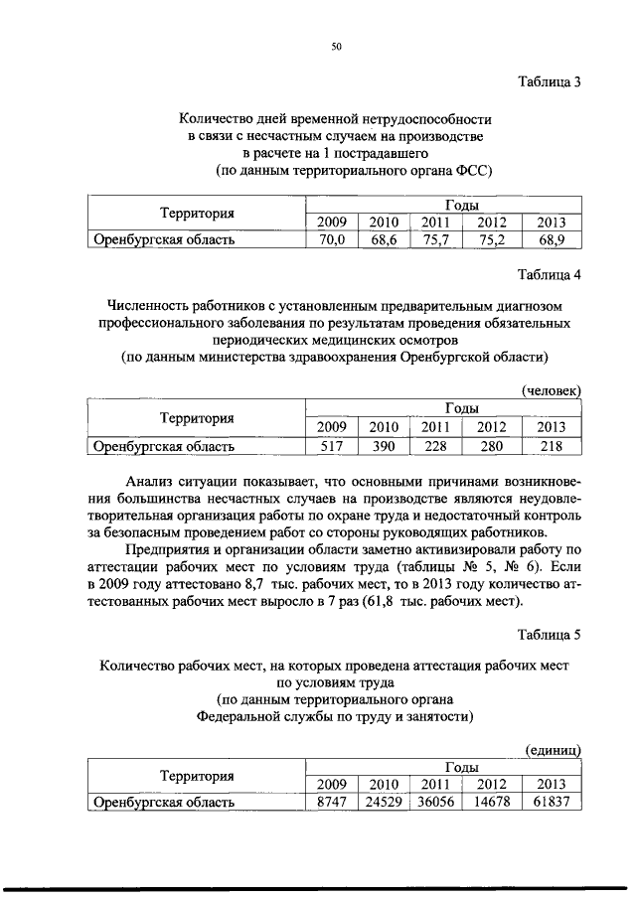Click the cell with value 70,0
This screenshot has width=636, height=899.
[x=331, y=240]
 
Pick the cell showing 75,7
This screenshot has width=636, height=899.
[x=436, y=240]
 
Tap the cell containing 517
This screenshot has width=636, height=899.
[x=331, y=446]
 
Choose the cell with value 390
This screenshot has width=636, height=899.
[x=384, y=446]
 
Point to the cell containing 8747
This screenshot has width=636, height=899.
[x=331, y=802]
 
